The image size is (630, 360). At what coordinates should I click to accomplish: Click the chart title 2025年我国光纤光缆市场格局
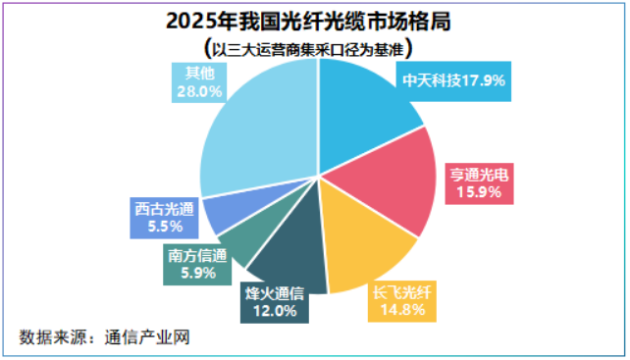[308, 22]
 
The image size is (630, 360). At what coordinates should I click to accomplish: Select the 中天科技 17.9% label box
[453, 81]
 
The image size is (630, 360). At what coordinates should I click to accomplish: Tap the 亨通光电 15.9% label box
[479, 183]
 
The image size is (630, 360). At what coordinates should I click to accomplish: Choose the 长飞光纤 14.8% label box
[401, 301]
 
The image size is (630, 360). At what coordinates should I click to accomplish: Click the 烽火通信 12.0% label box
[275, 302]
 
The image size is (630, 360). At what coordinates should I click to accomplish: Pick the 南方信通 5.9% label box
[197, 265]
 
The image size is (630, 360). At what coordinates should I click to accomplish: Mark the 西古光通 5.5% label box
[164, 218]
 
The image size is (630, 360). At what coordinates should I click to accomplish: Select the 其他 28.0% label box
[199, 82]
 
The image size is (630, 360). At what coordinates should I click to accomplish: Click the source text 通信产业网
[147, 337]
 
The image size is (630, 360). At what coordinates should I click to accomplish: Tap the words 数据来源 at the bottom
[53, 337]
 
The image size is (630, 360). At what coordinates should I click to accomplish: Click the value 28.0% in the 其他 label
[199, 92]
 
